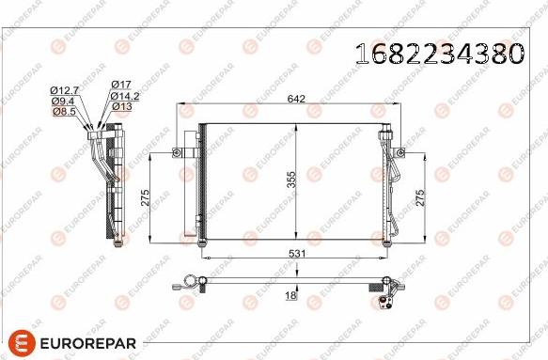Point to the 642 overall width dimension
[296, 97]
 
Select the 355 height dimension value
[291, 181]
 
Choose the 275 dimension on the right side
[421, 196]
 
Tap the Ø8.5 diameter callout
[62, 110]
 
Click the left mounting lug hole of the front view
[176, 150]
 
